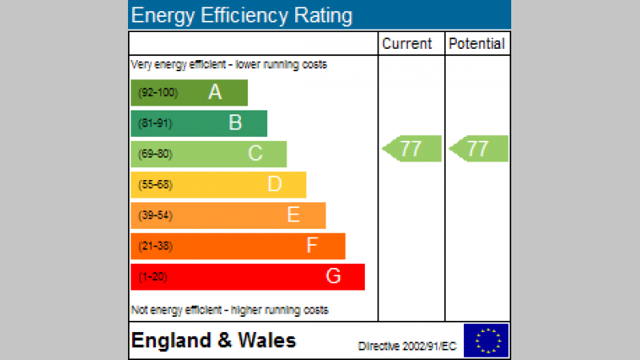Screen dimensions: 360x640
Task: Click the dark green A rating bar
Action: pos(190,93)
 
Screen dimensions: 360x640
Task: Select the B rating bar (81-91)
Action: pos(199,123)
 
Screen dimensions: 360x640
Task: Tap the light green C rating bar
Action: pos(209,154)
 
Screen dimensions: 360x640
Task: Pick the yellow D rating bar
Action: pos(218,185)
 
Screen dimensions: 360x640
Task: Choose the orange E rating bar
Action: pos(228,215)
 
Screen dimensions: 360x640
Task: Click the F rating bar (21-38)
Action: pos(238,246)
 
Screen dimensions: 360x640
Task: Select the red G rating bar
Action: pos(247,277)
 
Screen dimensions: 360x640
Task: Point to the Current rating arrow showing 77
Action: pos(412,149)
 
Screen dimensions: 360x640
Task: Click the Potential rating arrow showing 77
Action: pos(479,149)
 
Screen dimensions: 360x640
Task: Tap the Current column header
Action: pos(406,44)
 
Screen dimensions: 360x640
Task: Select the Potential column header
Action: pos(477,44)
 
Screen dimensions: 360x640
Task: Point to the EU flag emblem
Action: pos(486,340)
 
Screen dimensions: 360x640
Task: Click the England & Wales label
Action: pos(214,341)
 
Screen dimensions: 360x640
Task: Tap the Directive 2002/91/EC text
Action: pos(407,346)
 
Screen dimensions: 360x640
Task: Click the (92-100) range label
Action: pos(158,93)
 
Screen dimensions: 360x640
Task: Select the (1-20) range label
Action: pos(154,277)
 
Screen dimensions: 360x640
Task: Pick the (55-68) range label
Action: pos(155,185)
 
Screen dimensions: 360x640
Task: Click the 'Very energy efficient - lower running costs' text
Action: pos(229,65)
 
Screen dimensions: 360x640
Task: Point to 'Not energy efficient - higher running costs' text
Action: pos(230,310)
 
